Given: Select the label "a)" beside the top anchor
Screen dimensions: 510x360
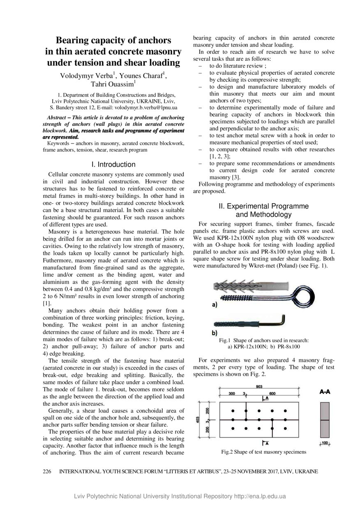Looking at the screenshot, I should click(x=215, y=305).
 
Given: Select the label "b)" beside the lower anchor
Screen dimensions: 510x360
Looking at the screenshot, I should click(x=215, y=332).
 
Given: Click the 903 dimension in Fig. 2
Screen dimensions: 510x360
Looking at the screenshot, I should click(x=259, y=387).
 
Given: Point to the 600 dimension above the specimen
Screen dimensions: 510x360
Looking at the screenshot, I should click(x=272, y=394).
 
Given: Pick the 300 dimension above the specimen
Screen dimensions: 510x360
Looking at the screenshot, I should click(x=232, y=394).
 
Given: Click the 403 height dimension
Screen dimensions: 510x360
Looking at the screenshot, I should click(x=198, y=420).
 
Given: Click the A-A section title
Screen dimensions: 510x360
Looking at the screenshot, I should click(x=325, y=392).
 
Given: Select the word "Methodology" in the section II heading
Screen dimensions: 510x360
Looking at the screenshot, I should click(x=263, y=215).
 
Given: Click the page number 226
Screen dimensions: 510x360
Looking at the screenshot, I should click(x=47, y=472).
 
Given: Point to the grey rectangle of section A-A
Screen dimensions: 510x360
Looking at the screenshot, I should click(x=325, y=420).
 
